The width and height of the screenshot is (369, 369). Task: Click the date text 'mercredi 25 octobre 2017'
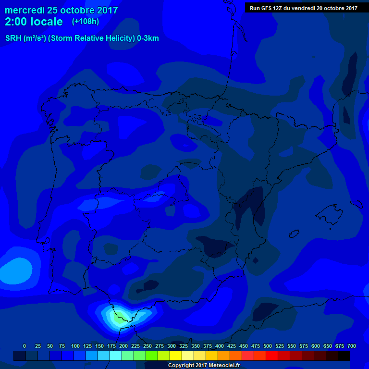point(61,10)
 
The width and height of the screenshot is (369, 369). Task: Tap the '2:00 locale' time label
point(34,22)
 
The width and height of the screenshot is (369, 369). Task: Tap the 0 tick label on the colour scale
point(25,346)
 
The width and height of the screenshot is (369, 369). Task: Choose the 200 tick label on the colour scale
point(123,346)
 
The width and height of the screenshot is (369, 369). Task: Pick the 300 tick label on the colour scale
point(172,346)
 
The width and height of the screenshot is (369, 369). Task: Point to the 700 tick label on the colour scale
point(351,346)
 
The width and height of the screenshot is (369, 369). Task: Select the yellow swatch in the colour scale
point(176,356)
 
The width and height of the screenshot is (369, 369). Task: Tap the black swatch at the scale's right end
point(344,356)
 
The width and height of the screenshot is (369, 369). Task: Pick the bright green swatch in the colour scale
point(152,356)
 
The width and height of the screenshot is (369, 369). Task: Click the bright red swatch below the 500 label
point(272,356)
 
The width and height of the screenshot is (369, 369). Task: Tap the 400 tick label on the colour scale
point(220,346)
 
